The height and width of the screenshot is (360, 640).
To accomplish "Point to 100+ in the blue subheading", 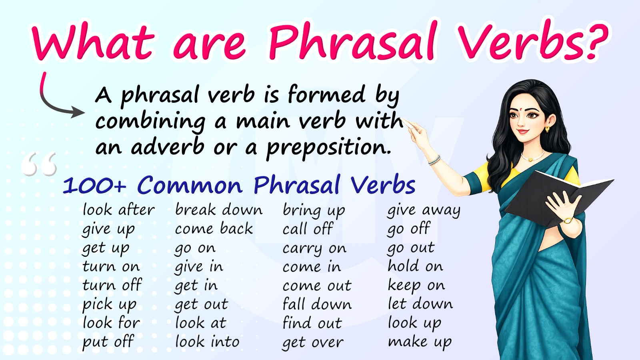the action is (94, 186).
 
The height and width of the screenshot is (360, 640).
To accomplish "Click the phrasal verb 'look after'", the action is (118, 210).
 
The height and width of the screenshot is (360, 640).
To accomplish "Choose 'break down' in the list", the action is (218, 210).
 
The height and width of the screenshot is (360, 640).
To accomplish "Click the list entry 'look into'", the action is (207, 342).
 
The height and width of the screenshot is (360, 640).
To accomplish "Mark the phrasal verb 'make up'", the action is (420, 342).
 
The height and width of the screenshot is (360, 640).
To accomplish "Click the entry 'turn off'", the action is (112, 285).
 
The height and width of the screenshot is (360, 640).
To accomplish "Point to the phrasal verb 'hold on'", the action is (415, 266).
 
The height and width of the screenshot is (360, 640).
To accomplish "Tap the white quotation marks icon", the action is (39, 164).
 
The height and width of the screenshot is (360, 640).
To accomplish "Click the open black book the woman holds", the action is (557, 197).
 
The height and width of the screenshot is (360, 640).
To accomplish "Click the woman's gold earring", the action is (547, 129).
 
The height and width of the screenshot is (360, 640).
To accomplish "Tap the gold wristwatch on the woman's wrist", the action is (568, 220).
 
